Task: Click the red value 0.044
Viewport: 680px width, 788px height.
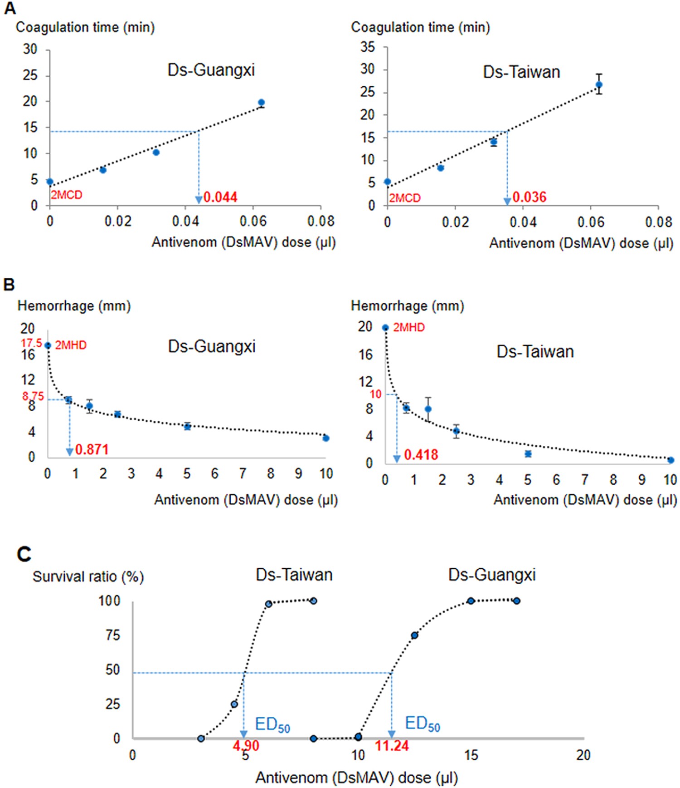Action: pyautogui.click(x=220, y=197)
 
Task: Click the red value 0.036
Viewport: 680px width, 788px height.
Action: pyautogui.click(x=529, y=197)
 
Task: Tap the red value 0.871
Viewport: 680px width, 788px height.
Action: pyautogui.click(x=92, y=449)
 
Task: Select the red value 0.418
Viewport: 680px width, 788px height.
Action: pyautogui.click(x=421, y=454)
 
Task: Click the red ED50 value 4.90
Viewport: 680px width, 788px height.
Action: pyautogui.click(x=246, y=745)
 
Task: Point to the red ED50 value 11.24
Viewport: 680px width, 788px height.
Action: pyautogui.click(x=392, y=745)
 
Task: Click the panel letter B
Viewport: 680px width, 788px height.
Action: pyautogui.click(x=9, y=285)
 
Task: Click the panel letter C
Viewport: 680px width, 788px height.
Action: pyautogui.click(x=24, y=554)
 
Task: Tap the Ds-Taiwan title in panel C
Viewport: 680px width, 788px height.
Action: pyautogui.click(x=294, y=575)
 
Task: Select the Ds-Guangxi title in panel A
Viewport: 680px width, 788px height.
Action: pyautogui.click(x=211, y=70)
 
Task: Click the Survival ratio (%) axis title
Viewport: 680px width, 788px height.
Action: pyautogui.click(x=88, y=577)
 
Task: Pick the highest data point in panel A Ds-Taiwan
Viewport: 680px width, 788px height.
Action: pyautogui.click(x=599, y=84)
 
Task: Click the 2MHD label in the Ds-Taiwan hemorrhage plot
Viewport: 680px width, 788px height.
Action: pyautogui.click(x=408, y=327)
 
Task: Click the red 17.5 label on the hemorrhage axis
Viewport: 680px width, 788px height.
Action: pyautogui.click(x=31, y=343)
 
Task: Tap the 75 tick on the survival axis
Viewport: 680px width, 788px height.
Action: pyautogui.click(x=113, y=635)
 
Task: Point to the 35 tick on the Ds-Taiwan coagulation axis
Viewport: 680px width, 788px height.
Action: pyautogui.click(x=368, y=47)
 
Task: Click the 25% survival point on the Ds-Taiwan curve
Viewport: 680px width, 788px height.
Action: pyautogui.click(x=234, y=704)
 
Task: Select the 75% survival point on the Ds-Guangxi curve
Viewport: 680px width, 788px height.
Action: pyautogui.click(x=414, y=635)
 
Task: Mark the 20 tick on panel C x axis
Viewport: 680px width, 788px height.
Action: pyautogui.click(x=583, y=755)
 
